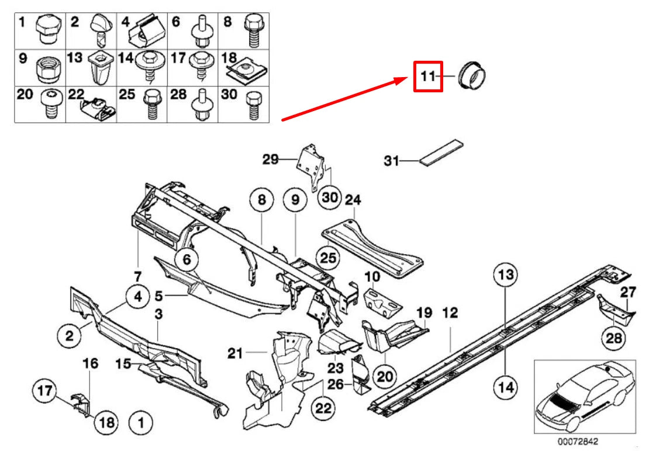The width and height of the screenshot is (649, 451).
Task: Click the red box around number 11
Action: point(428,77)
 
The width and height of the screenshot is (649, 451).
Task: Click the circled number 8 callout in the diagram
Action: point(262,200)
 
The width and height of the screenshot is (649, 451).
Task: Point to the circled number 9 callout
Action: point(295,200)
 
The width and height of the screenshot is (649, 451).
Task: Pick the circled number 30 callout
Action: point(330,197)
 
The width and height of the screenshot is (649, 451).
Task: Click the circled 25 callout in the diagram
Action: point(328,257)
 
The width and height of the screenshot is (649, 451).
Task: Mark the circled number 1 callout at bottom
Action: point(140,420)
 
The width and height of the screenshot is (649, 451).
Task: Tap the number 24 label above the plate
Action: point(353,200)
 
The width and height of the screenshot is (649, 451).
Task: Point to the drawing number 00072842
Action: point(577,442)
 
